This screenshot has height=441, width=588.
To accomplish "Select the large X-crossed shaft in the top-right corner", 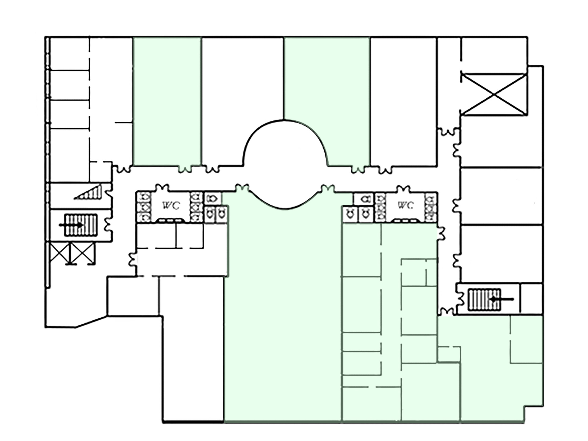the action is (494, 94).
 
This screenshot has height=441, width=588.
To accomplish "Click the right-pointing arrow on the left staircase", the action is (71, 225).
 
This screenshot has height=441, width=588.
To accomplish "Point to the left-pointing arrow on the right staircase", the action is (502, 299).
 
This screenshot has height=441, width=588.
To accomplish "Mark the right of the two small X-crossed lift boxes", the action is (83, 253).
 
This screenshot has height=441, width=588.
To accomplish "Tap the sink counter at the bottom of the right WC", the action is (406, 220).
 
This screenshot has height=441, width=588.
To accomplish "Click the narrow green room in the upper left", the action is (167, 101).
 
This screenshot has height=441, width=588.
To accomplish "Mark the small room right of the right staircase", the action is (531, 299).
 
